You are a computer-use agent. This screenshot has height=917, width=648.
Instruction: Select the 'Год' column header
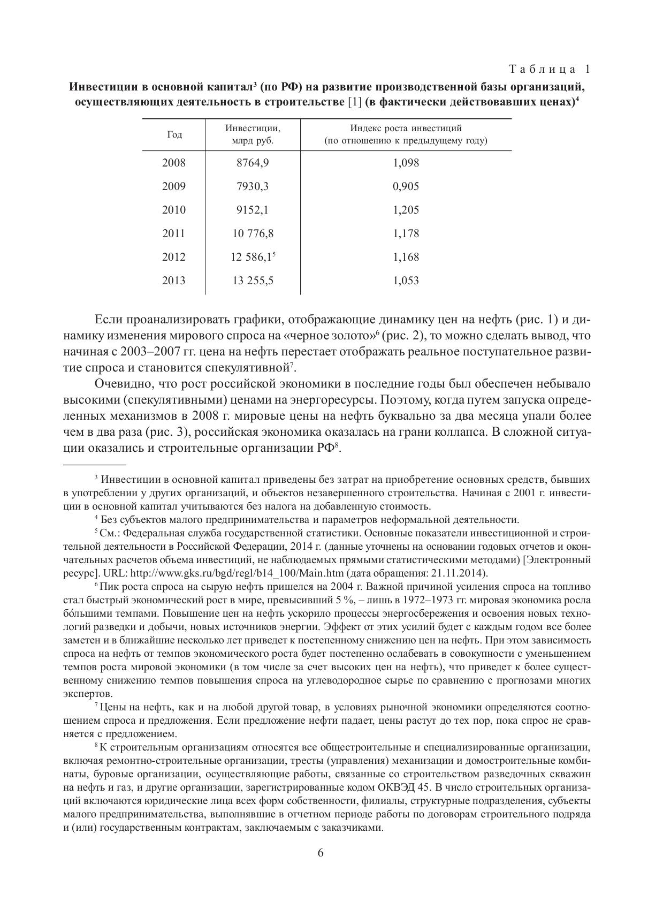[x=174, y=135]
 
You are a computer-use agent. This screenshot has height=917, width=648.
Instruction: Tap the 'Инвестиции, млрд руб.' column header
[x=253, y=134]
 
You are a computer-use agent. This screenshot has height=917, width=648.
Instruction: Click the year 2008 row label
[x=174, y=163]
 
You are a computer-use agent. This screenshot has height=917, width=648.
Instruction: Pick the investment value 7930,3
[x=253, y=186]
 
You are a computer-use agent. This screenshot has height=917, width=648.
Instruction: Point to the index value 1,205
[x=406, y=210]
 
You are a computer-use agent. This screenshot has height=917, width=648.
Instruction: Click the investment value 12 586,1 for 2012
[x=251, y=257]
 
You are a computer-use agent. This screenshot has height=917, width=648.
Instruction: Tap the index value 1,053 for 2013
[x=406, y=281]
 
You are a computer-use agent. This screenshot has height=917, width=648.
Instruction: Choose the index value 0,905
[x=406, y=186]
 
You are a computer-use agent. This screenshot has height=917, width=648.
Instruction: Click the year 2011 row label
[x=174, y=233]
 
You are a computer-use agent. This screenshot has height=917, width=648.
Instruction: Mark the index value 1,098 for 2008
[x=406, y=163]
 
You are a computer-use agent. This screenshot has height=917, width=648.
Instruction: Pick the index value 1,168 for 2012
[x=406, y=257]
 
